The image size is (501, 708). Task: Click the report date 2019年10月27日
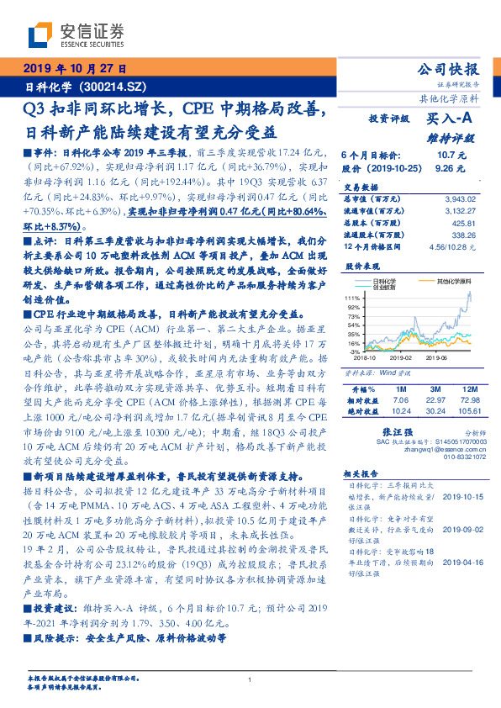[x=75, y=69]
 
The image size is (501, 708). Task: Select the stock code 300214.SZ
[x=113, y=87]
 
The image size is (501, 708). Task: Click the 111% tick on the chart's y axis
[x=352, y=299]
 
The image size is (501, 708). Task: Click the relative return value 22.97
[x=435, y=400]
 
